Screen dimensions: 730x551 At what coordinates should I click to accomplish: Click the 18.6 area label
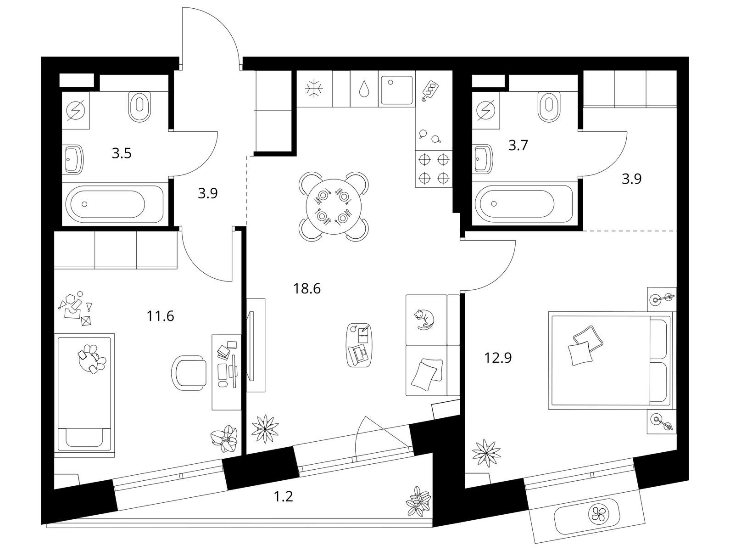click(306, 288)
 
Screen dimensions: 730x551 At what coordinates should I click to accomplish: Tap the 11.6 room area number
click(160, 316)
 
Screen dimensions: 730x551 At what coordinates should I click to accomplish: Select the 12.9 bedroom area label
click(498, 358)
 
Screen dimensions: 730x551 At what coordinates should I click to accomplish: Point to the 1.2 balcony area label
click(283, 496)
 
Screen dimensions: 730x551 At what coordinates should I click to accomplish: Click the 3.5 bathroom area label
click(122, 153)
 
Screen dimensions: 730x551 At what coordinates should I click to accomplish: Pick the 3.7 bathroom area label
click(518, 146)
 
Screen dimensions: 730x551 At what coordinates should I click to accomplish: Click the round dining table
click(333, 206)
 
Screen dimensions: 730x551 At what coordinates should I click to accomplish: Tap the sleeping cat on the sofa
click(424, 320)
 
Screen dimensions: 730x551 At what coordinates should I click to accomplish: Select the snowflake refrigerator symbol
click(314, 89)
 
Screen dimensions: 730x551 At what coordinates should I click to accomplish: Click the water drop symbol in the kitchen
click(364, 89)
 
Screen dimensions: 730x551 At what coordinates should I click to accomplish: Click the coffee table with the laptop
click(359, 345)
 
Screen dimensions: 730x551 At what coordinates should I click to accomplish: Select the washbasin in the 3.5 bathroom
click(73, 159)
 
